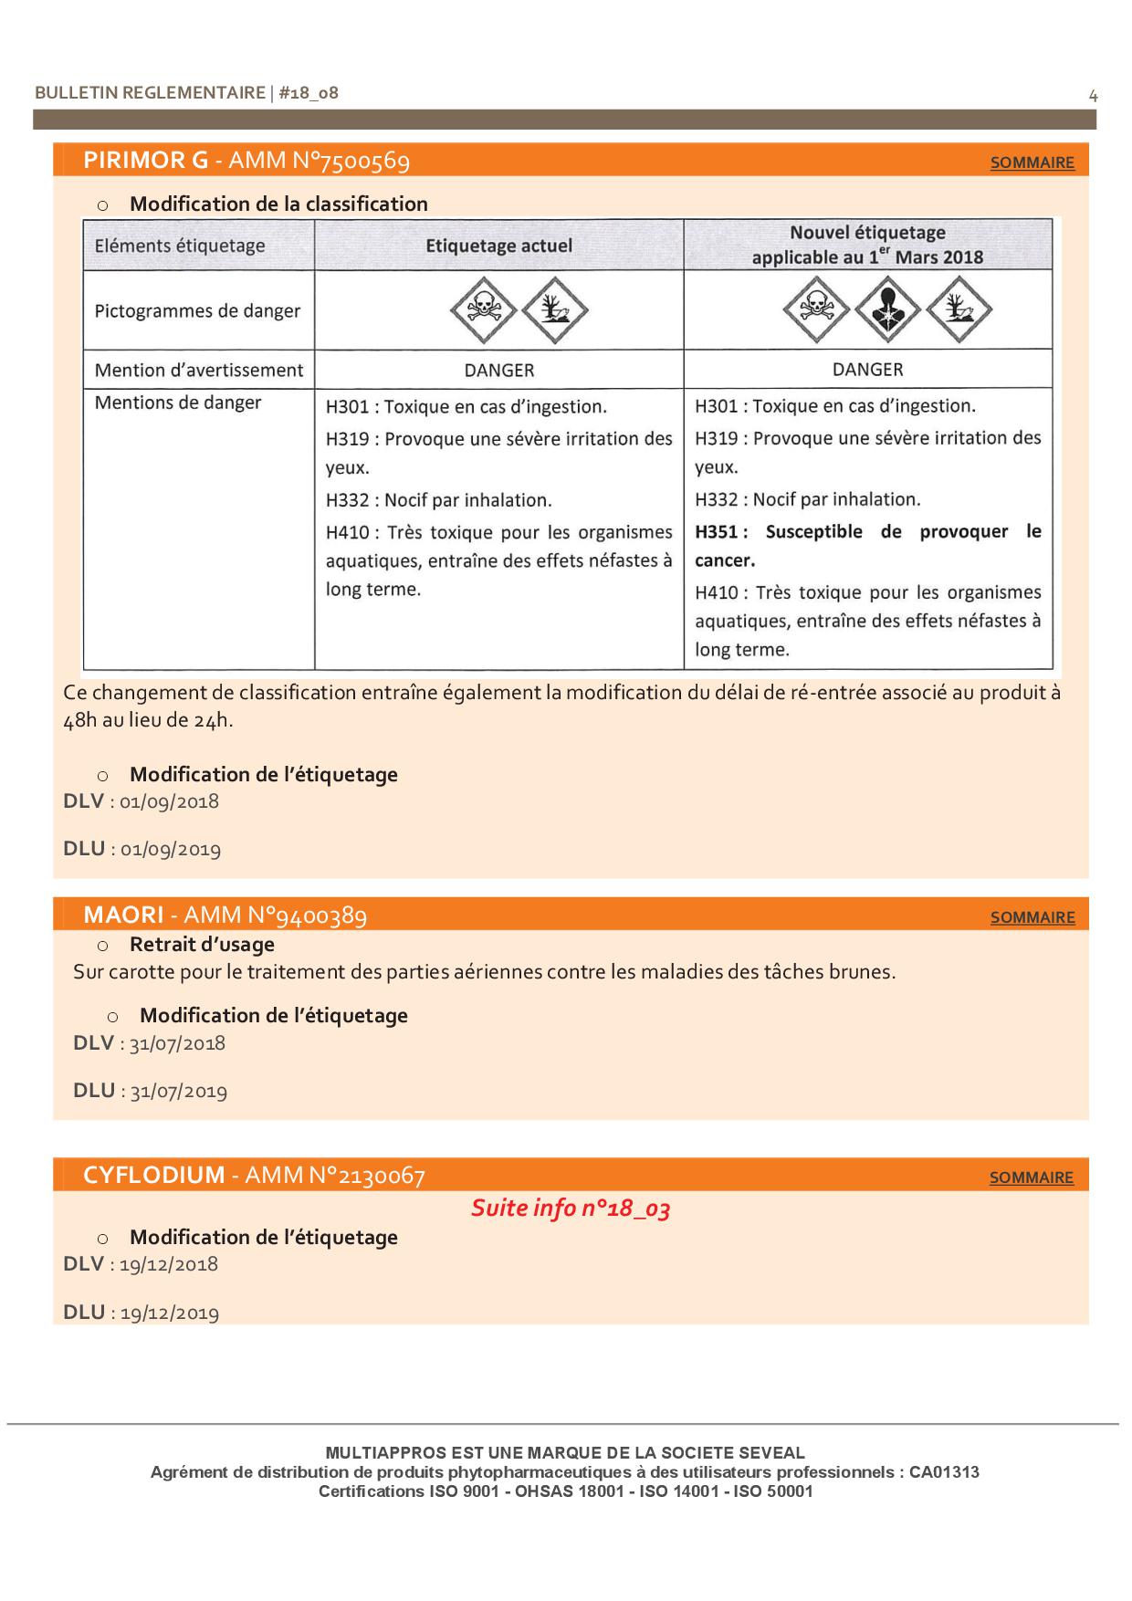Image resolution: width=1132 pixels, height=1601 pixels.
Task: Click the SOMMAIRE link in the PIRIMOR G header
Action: point(1032,162)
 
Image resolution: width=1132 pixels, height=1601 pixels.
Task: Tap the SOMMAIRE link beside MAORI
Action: point(1032,917)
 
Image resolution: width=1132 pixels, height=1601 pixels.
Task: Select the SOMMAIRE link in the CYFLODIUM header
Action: point(1032,1177)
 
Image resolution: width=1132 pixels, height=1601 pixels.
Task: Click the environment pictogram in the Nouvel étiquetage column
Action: point(959,310)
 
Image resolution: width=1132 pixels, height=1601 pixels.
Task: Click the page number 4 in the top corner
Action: point(1093,96)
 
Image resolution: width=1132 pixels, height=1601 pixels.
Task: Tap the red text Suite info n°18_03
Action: point(571,1209)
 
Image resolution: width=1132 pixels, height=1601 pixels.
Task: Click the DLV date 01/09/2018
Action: point(170,801)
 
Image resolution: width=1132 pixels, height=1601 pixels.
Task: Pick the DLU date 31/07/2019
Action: point(178,1091)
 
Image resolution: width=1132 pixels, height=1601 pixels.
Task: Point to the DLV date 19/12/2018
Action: point(169,1264)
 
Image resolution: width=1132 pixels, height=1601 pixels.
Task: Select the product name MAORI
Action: point(123,915)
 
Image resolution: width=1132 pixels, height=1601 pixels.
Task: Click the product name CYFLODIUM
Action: point(153,1175)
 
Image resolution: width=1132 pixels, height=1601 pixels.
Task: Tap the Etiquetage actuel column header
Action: point(498,246)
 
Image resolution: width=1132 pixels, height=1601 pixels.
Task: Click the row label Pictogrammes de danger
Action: point(197,311)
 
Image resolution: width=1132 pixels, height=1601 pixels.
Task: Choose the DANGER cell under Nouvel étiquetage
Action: point(867,370)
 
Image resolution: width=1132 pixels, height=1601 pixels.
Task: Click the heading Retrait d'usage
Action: point(202,945)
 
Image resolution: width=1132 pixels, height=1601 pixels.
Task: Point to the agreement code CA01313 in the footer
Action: point(944,1471)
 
